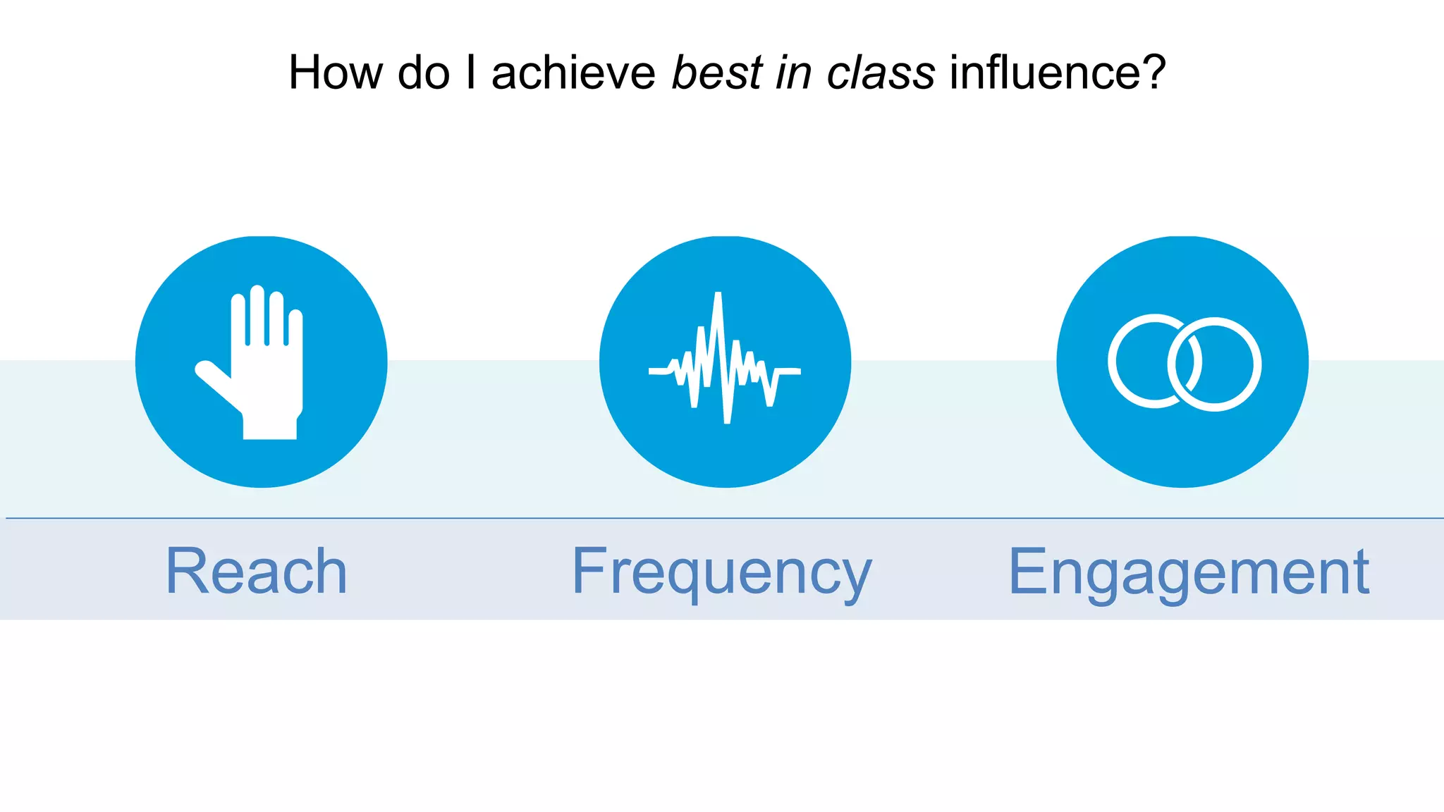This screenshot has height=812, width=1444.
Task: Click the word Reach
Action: [x=257, y=572]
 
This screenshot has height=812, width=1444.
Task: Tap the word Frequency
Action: [x=721, y=572]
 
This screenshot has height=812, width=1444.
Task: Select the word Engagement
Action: [x=1189, y=572]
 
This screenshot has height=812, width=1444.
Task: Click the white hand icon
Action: [x=264, y=374]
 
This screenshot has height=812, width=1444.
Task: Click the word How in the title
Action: [x=336, y=73]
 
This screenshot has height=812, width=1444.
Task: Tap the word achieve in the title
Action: [x=573, y=73]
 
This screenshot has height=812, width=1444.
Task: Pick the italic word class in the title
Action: [x=881, y=73]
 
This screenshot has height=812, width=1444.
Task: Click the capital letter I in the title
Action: [x=471, y=73]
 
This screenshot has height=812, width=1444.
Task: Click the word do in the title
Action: [x=424, y=73]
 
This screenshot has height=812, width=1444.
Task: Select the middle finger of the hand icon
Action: [x=257, y=314]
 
